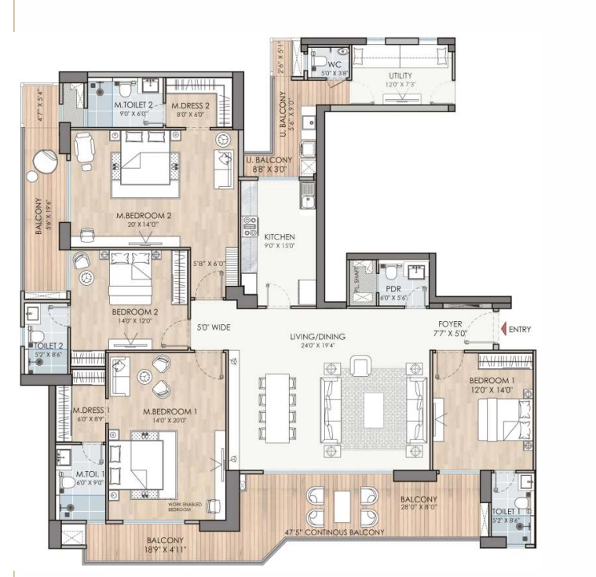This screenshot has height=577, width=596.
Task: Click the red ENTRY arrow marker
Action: click(x=503, y=329)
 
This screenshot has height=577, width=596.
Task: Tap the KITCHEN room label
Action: click(x=279, y=236)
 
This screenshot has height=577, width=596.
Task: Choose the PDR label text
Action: click(x=393, y=289)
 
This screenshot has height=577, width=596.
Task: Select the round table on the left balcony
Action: click(x=44, y=163)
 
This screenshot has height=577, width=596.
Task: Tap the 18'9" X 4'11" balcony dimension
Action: click(x=163, y=550)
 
